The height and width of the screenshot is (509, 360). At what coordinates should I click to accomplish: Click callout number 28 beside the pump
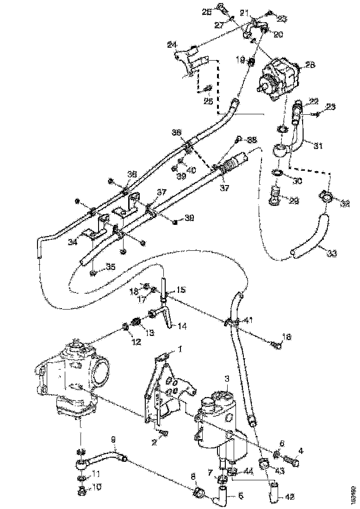pyautogui.click(x=310, y=65)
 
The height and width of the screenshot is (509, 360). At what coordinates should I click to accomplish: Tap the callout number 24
pyautogui.click(x=172, y=44)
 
